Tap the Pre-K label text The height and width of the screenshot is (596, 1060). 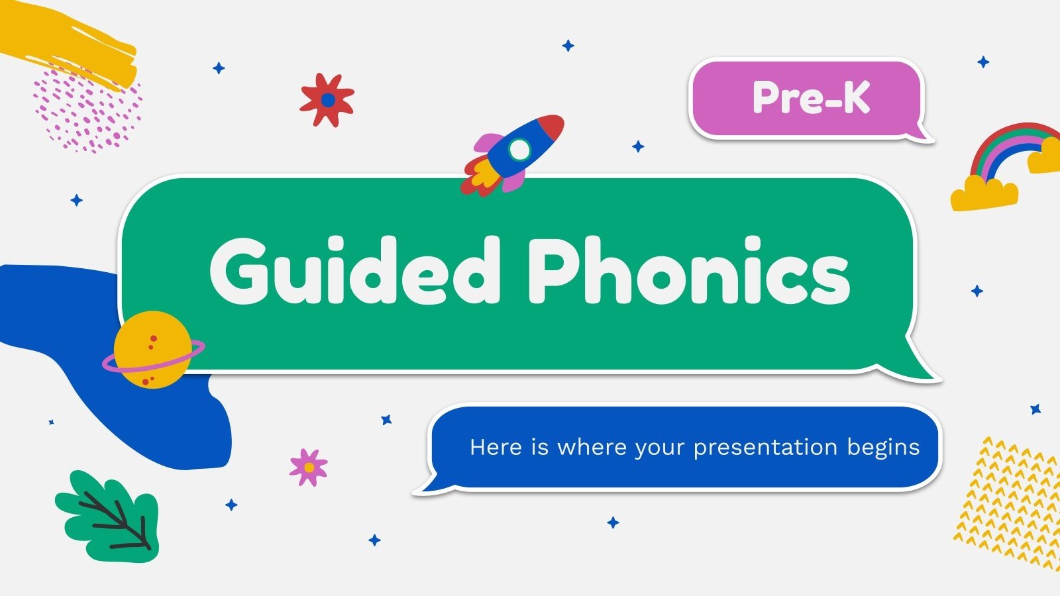pos(811,98)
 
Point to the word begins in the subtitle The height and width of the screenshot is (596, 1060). pos(883,448)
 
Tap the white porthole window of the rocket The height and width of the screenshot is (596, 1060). pos(520,150)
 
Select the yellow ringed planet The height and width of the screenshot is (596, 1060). pos(152,349)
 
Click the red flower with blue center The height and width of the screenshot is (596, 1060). pos(327,100)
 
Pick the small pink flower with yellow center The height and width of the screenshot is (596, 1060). pos(309,467)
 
